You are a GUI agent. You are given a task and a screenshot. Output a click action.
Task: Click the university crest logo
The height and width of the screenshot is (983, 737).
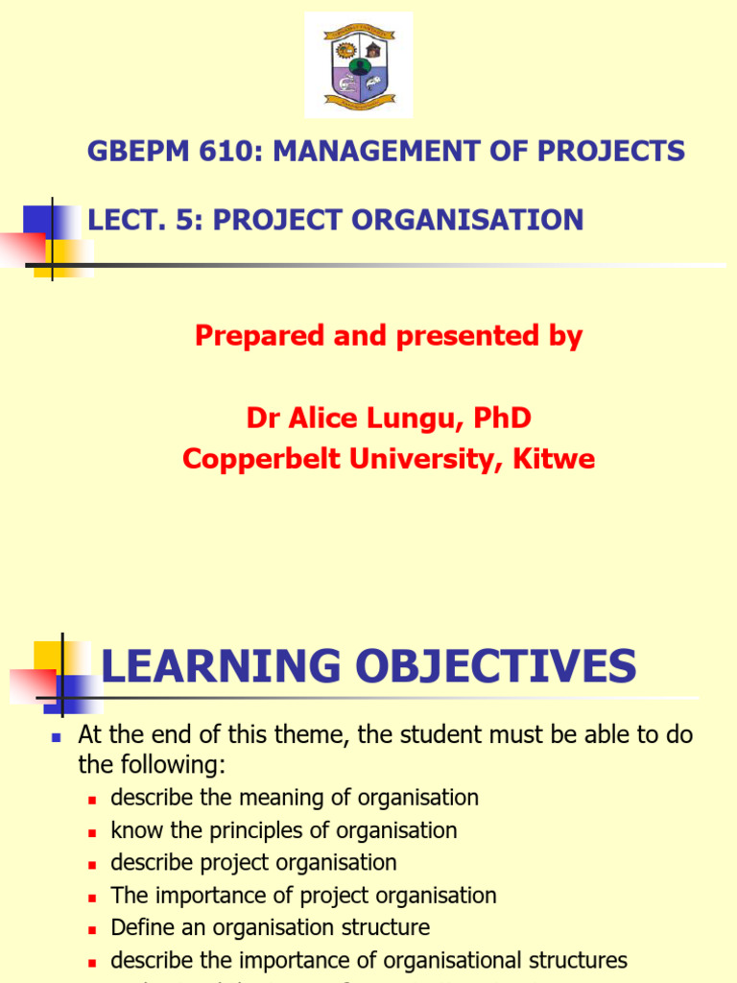pos(359,65)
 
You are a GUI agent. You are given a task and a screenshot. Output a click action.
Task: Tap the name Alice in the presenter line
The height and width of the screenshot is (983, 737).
pos(320,419)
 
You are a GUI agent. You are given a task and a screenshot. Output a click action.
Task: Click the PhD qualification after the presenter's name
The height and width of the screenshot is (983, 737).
pos(497,419)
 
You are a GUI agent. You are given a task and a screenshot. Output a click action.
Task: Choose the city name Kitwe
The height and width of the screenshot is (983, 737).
pos(559,460)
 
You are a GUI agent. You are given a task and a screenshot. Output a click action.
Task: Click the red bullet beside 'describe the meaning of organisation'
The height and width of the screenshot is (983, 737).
pos(93,800)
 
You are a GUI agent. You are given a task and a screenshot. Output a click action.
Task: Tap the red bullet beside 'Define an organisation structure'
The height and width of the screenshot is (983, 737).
pos(93,930)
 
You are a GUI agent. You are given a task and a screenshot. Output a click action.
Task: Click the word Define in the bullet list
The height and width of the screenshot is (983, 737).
pos(140,928)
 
